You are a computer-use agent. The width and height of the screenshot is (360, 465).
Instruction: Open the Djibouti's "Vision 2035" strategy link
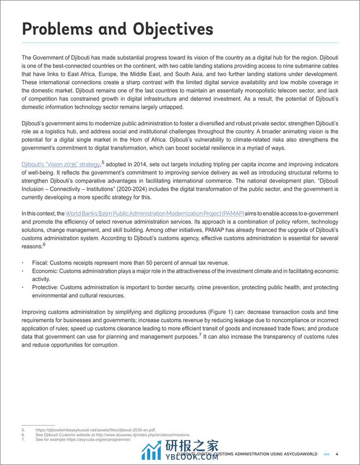click(61, 164)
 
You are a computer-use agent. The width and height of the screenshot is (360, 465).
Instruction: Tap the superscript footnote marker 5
click(103, 162)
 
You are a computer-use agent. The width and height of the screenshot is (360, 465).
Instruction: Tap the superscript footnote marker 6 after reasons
click(44, 244)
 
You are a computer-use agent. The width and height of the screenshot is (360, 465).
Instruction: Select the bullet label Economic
click(45, 271)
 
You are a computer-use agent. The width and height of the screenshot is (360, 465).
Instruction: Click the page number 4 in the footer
click(337, 454)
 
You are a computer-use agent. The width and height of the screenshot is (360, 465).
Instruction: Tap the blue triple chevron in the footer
click(327, 454)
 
